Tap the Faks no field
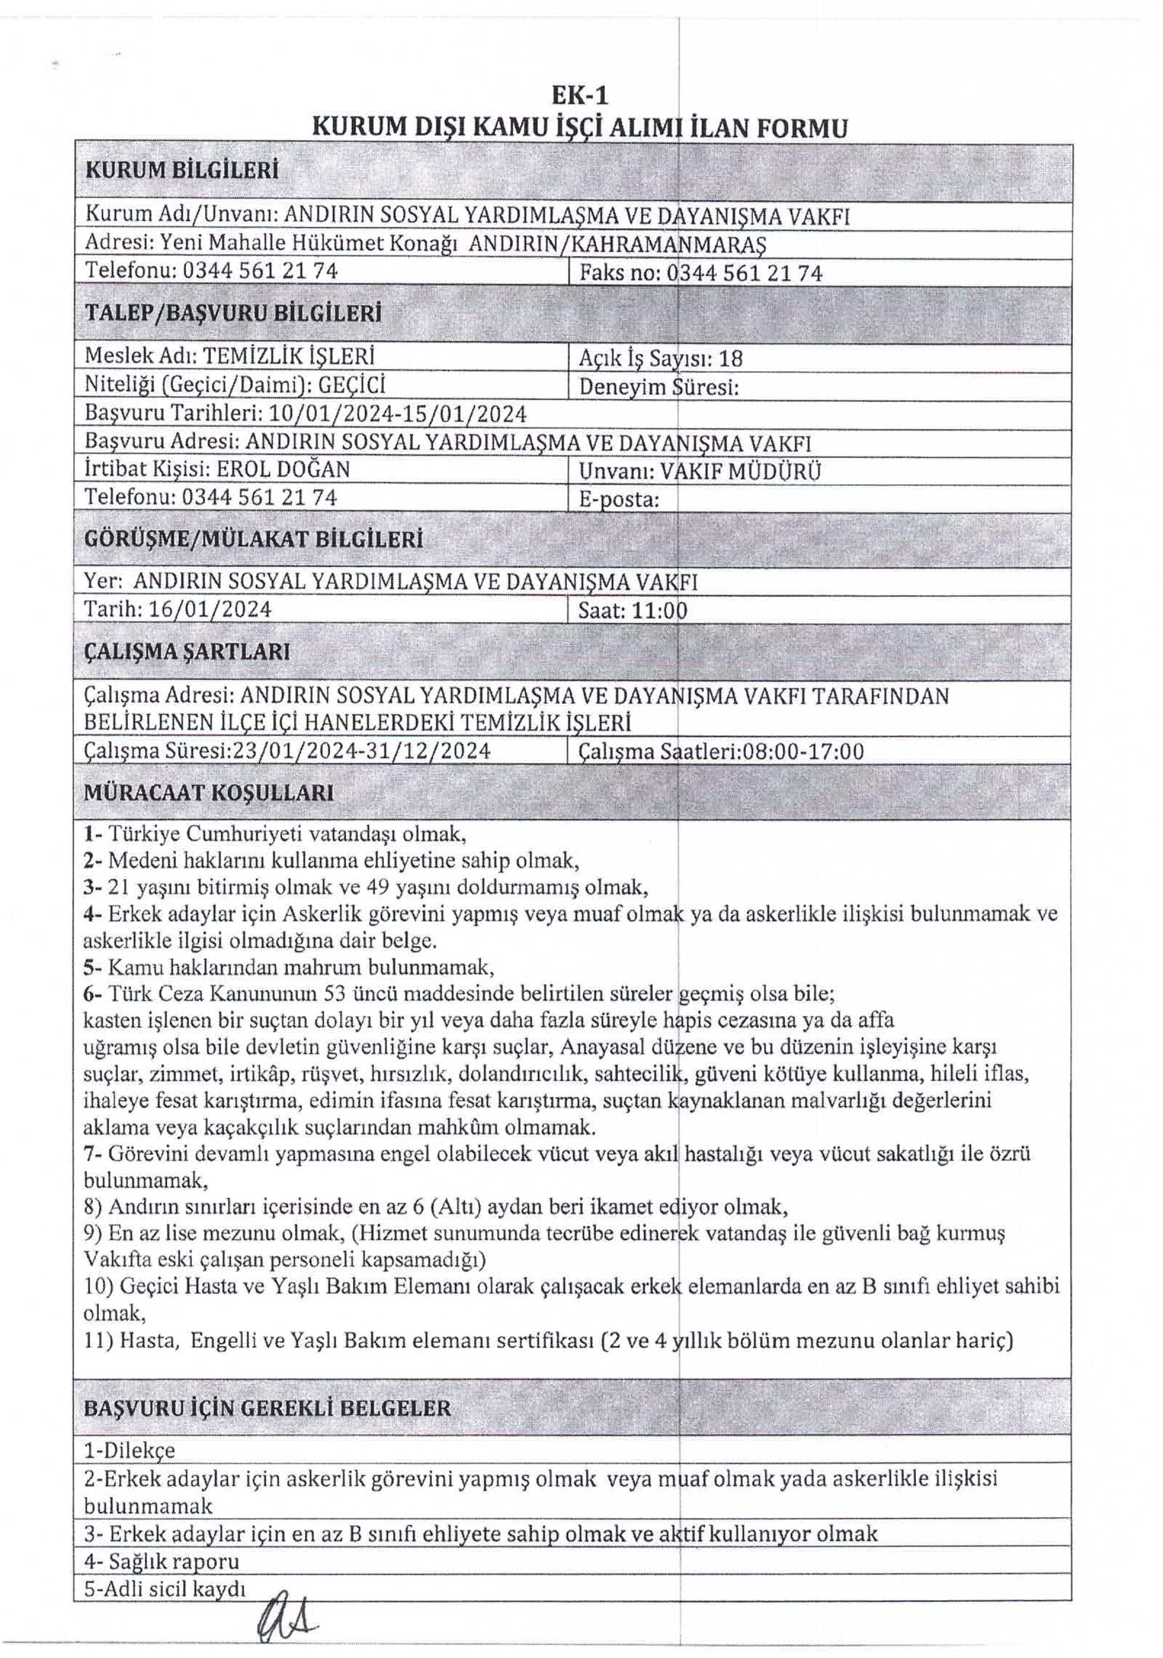click(x=700, y=273)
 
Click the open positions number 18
click(x=731, y=359)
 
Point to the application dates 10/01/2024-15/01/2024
click(x=397, y=414)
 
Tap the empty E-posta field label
click(x=619, y=499)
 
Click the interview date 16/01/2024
click(x=210, y=609)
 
